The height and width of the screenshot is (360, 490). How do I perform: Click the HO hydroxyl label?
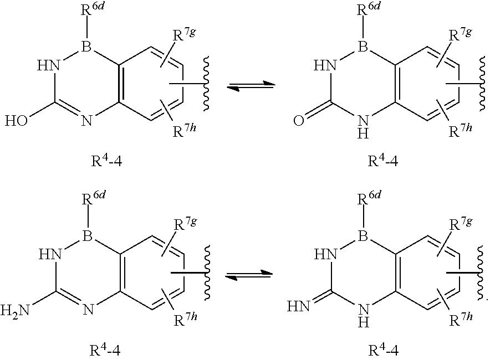(x=19, y=120)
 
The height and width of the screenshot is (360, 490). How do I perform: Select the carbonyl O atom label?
(x=299, y=120)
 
